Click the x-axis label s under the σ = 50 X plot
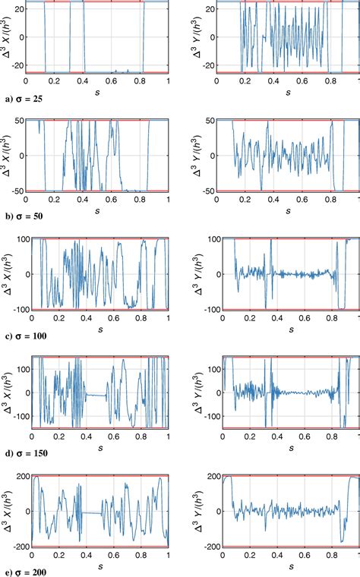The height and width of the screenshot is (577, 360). click(96, 209)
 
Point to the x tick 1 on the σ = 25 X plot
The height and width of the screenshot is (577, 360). click(168, 80)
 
